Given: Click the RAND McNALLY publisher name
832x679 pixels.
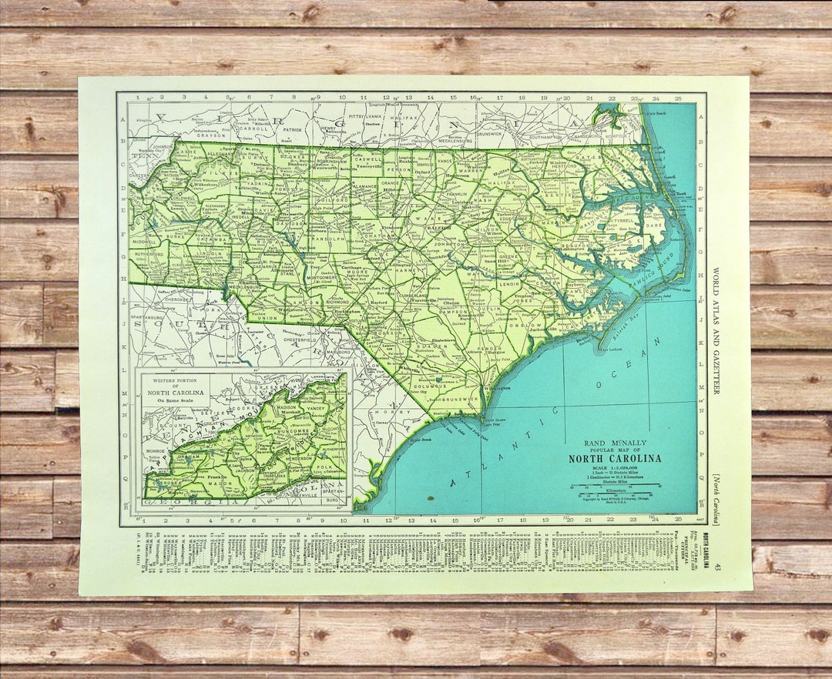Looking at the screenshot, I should [615, 443].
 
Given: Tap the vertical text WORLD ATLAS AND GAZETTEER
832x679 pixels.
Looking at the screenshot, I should [716, 331].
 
